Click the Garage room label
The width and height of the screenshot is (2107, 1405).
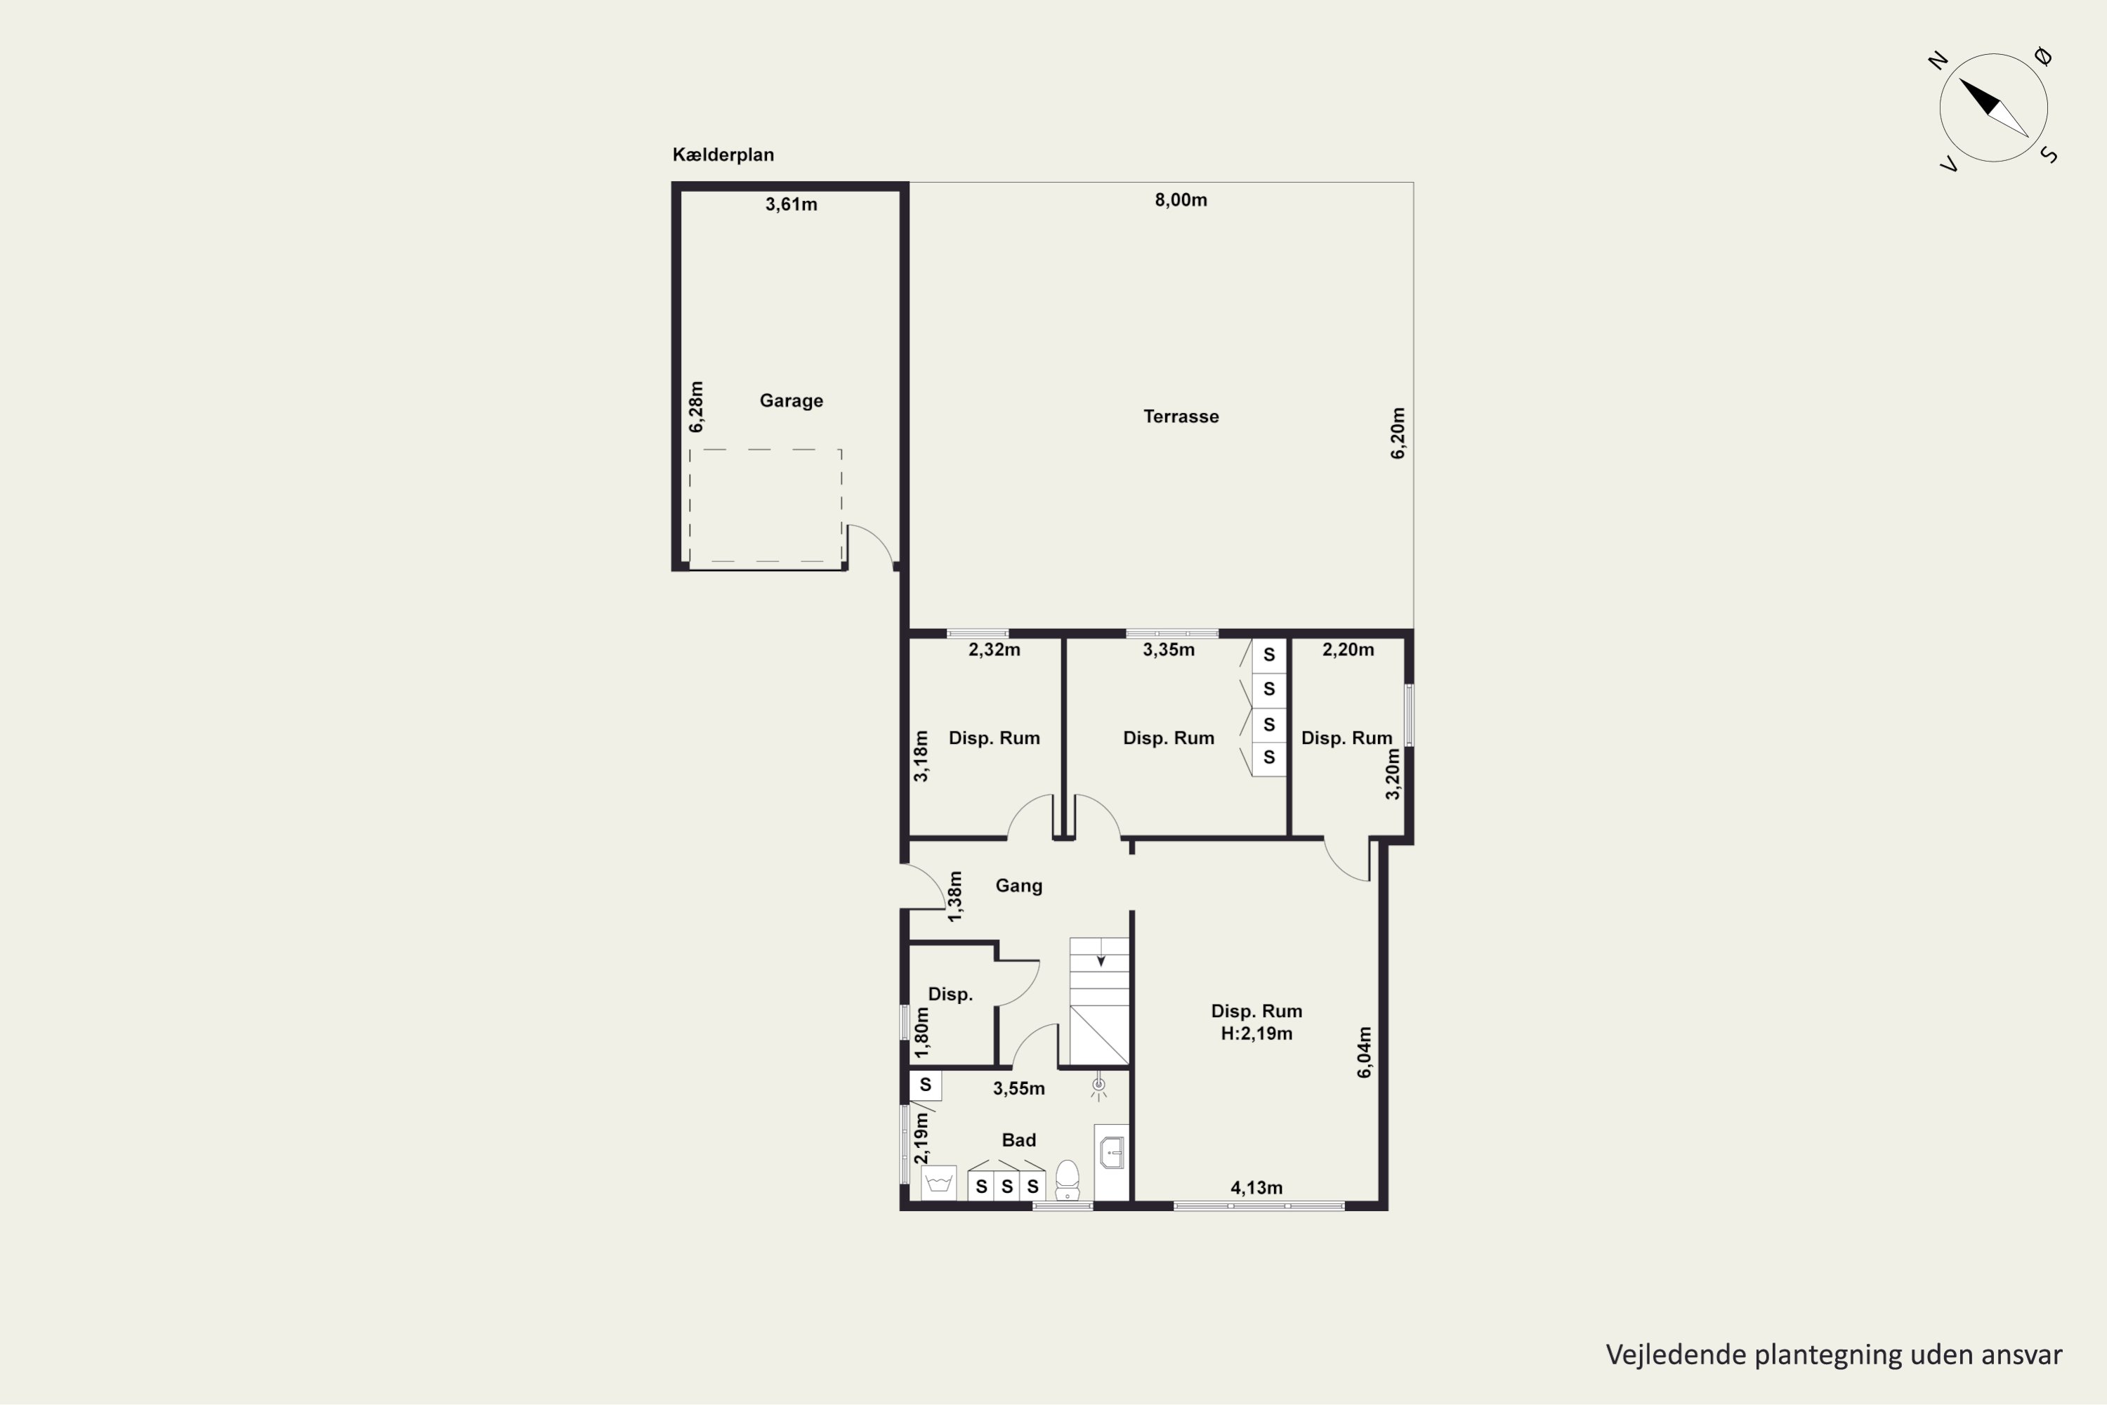coord(791,400)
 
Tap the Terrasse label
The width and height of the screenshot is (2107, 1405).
coord(1181,416)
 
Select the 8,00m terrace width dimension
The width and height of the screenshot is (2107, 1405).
coord(1181,200)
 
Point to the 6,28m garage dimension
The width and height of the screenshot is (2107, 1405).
coord(696,407)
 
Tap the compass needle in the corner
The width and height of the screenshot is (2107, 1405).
coord(1993,108)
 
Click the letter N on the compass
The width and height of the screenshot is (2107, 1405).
coord(1938,61)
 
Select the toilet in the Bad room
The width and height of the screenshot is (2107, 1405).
coord(1067,1180)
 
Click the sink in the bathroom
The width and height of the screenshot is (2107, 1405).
coord(1112,1154)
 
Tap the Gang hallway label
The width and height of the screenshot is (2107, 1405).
coord(1018,885)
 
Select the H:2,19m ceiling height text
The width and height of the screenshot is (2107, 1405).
coord(1256,1033)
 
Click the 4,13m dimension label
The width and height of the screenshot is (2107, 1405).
coord(1256,1187)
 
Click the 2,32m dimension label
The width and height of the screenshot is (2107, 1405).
coord(995,650)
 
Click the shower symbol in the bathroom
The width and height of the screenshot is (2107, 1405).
coord(1098,1086)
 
